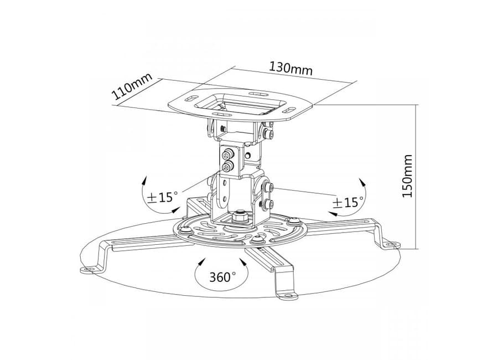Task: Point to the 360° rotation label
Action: pyautogui.click(x=222, y=277)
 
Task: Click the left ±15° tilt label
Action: pyautogui.click(x=162, y=197)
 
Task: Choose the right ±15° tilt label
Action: pyautogui.click(x=347, y=202)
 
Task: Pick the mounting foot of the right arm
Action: pyautogui.click(x=391, y=245)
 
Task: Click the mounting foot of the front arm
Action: pyautogui.click(x=288, y=296)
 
